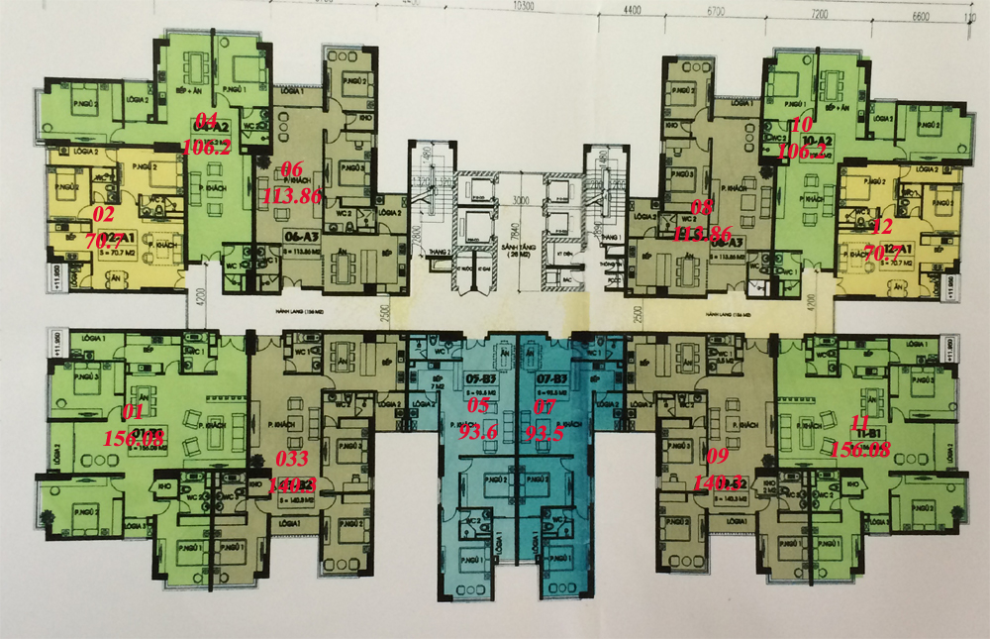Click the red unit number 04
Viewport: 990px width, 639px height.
(207, 121)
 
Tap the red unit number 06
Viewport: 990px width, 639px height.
(292, 168)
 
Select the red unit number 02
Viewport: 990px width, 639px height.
(103, 213)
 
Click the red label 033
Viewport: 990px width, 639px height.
(289, 459)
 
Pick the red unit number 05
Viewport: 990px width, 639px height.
(479, 404)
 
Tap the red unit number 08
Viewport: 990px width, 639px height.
(701, 208)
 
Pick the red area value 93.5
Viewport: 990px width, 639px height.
(545, 432)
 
